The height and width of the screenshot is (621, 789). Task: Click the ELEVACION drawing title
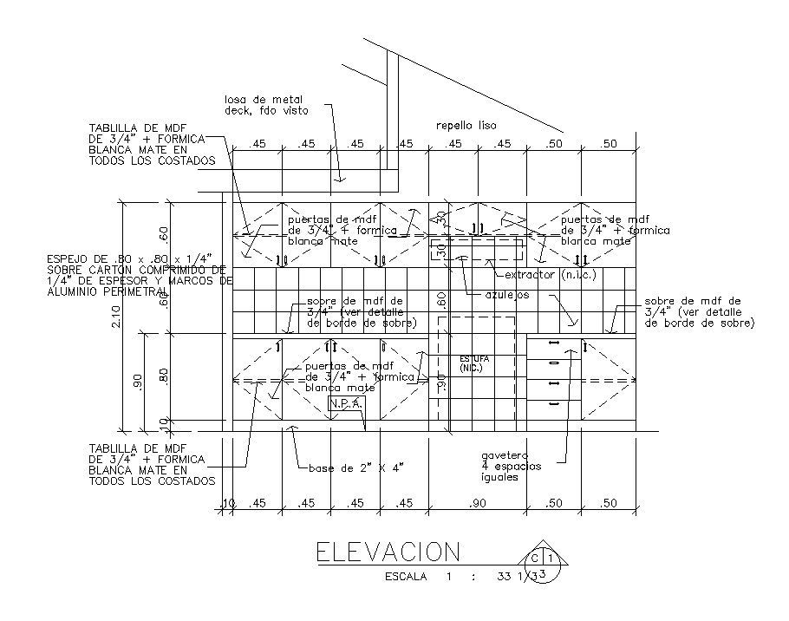click(387, 552)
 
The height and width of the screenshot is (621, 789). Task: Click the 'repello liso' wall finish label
click(466, 126)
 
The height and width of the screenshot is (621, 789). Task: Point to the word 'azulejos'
click(506, 295)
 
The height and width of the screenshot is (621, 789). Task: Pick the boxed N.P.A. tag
click(346, 404)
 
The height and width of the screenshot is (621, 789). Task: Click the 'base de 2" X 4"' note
click(355, 467)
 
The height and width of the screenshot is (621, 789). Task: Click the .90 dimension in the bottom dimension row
click(476, 503)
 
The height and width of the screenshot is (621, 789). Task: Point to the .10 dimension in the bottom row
click(228, 503)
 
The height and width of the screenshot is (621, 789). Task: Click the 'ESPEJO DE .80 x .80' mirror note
click(134, 275)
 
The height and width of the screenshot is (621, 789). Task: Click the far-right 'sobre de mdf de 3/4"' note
click(698, 312)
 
